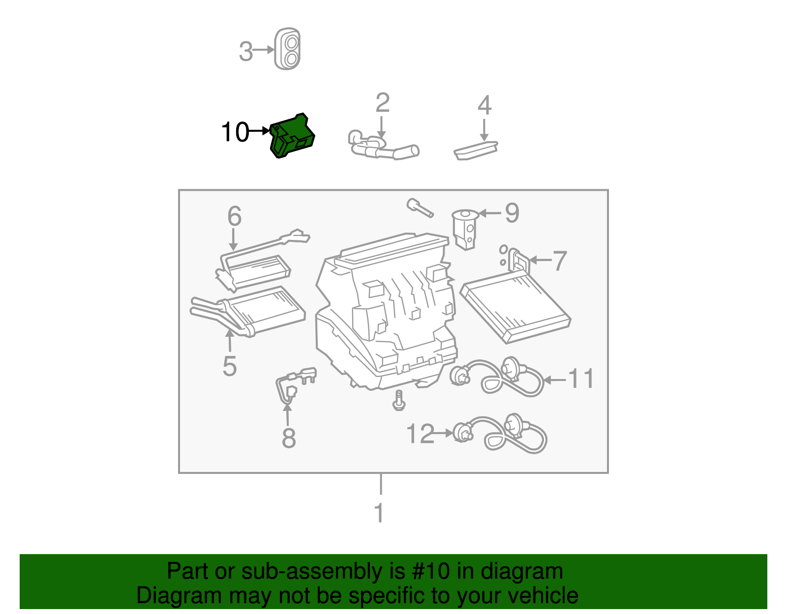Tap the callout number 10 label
pos(235,132)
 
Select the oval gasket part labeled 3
pos(288,49)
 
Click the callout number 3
pos(245,51)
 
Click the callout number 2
pos(382,103)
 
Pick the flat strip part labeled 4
pos(476,149)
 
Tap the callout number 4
pos(484,105)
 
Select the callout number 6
pos(234,216)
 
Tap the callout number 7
pos(560,261)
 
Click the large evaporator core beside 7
pos(515,307)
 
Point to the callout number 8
pos(289,438)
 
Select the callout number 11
pos(581,379)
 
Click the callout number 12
pos(421,434)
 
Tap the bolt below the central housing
pos(399,400)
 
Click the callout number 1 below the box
pos(379,513)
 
